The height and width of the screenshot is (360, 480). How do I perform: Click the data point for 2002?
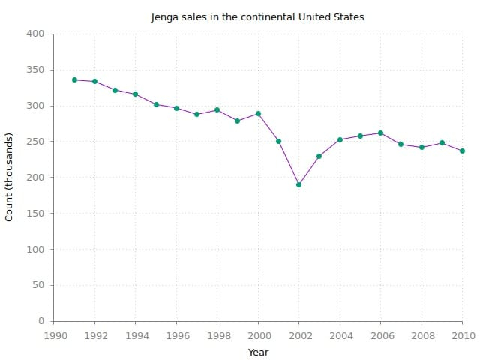click(298, 184)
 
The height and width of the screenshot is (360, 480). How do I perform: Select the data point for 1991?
click(74, 79)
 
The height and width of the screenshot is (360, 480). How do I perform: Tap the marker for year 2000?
click(258, 113)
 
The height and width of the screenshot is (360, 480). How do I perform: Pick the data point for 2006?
click(380, 133)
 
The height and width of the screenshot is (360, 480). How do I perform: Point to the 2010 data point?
click(462, 151)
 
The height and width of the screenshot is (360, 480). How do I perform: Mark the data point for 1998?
click(217, 109)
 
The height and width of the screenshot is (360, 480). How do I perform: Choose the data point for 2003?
click(319, 156)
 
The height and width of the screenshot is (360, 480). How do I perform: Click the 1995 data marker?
click(156, 104)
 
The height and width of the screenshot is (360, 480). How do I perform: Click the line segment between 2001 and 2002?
click(289, 163)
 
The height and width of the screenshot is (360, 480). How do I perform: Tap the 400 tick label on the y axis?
click(37, 34)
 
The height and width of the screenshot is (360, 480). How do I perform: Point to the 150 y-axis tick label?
click(37, 214)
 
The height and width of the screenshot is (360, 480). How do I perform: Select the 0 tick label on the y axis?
click(42, 321)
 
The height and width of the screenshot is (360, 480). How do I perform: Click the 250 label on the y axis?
click(37, 142)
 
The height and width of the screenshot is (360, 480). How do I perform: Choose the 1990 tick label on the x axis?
click(54, 335)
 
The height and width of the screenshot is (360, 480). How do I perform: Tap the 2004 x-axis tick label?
click(340, 335)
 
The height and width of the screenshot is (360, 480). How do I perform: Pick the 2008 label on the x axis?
click(421, 335)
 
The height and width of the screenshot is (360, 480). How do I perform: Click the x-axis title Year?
click(258, 352)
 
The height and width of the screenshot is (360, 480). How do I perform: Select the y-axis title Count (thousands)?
click(9, 177)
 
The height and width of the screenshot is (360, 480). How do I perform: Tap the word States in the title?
click(349, 16)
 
